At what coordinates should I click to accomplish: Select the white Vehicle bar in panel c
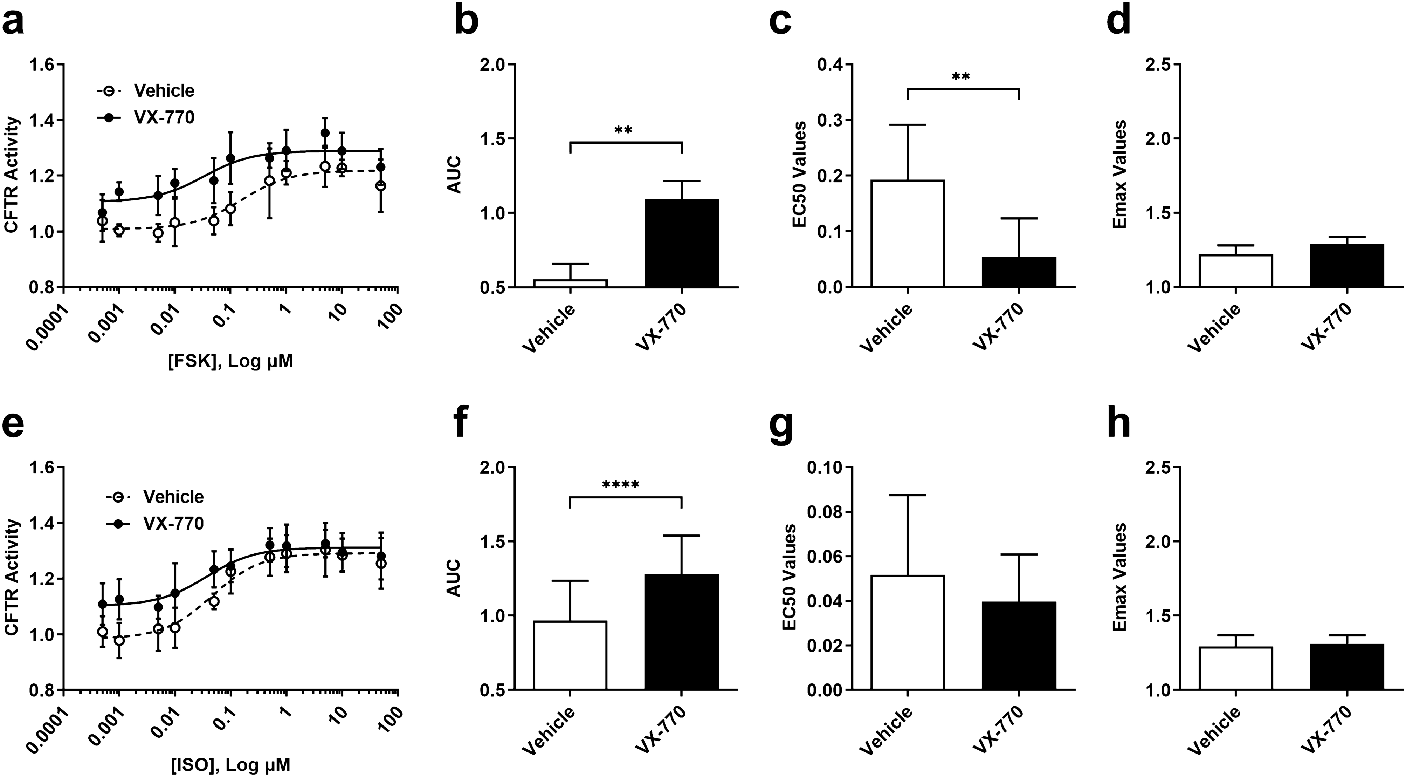pyautogui.click(x=908, y=234)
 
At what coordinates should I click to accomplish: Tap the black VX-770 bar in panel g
pyautogui.click(x=1019, y=646)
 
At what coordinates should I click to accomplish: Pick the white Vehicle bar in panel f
pyautogui.click(x=570, y=655)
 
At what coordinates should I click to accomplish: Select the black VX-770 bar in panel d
pyautogui.click(x=1346, y=265)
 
